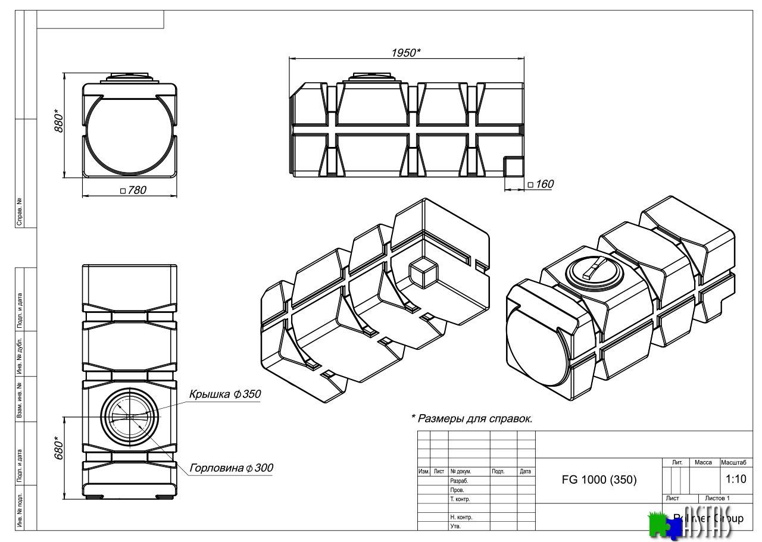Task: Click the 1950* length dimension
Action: (x=405, y=52)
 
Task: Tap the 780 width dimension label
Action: (x=133, y=190)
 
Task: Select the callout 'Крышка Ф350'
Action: (x=225, y=394)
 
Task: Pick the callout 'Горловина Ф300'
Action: (x=231, y=468)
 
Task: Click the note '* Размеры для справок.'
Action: (x=471, y=418)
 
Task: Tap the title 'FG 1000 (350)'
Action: (x=599, y=480)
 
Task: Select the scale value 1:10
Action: (x=736, y=479)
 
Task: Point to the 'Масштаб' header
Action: (x=736, y=462)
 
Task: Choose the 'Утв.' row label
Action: (x=455, y=527)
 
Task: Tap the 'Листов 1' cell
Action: (x=717, y=498)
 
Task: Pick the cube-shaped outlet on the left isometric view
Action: (x=423, y=274)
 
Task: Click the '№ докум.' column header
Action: (x=461, y=471)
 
